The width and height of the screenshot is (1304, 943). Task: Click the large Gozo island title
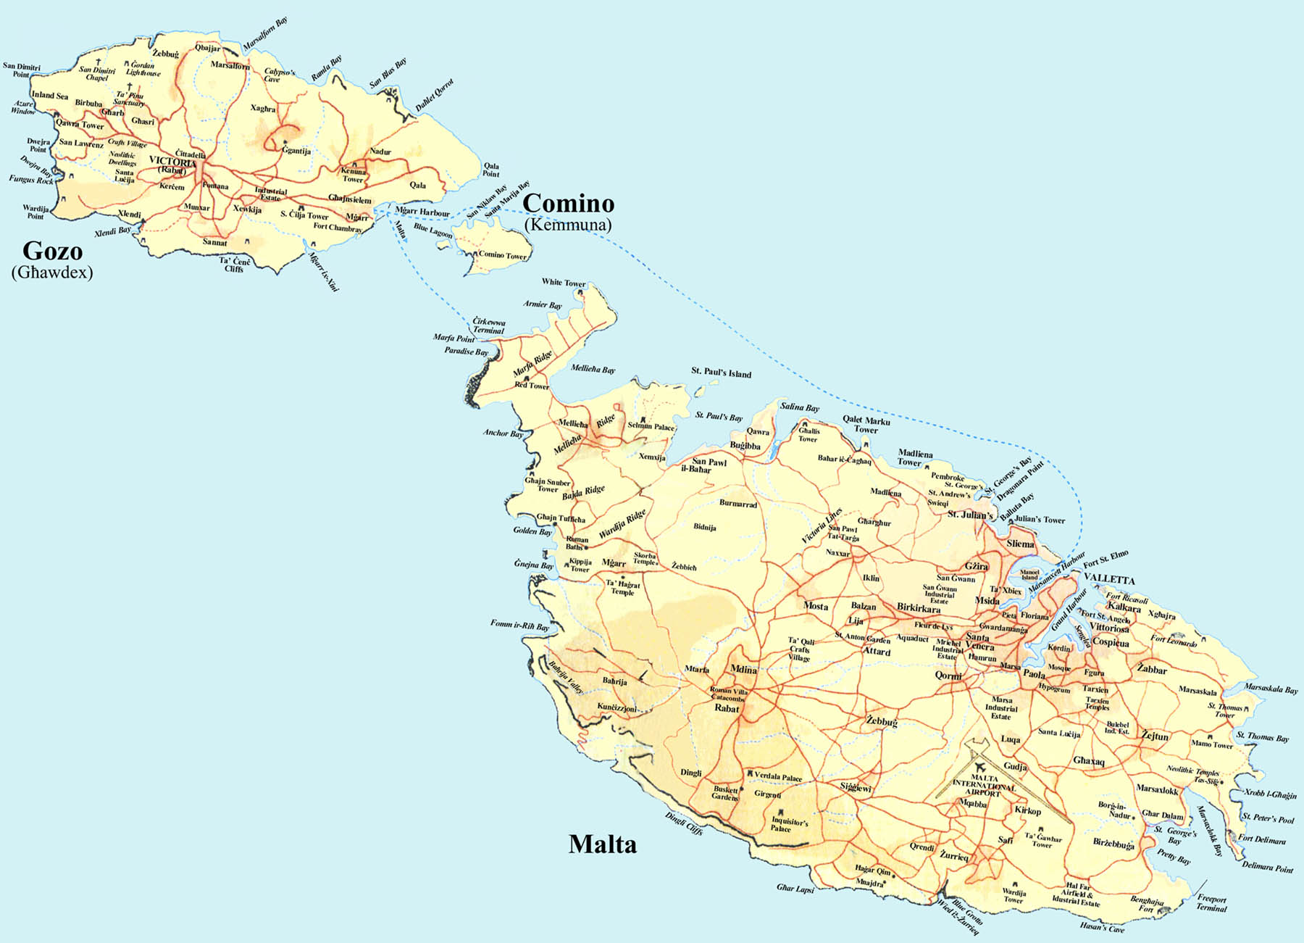[52, 251]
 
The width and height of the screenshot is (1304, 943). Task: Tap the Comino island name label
[568, 204]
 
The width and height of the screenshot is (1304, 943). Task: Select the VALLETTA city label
[1109, 580]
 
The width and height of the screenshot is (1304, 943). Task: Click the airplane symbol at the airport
[982, 766]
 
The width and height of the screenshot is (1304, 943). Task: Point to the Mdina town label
[743, 669]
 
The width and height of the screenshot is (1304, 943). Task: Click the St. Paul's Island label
[721, 373]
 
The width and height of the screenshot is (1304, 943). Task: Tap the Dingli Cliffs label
[683, 823]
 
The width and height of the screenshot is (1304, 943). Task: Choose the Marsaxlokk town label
[1157, 789]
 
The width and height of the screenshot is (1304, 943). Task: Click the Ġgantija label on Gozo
[296, 151]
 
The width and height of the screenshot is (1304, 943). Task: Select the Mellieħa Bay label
[593, 369]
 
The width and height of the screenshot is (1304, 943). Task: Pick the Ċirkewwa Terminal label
[489, 325]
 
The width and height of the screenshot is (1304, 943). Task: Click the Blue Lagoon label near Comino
[432, 230]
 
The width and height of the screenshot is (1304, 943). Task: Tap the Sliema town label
[1020, 544]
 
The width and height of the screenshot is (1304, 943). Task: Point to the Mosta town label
[816, 606]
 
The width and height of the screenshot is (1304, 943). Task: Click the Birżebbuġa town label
[1113, 844]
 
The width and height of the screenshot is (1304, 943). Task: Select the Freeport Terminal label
[1211, 903]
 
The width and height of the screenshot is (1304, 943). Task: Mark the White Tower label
[563, 282]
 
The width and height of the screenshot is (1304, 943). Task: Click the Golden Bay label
[532, 531]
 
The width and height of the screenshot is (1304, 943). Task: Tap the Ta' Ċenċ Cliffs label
[235, 265]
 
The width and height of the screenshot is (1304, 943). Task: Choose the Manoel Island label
[1029, 575]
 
